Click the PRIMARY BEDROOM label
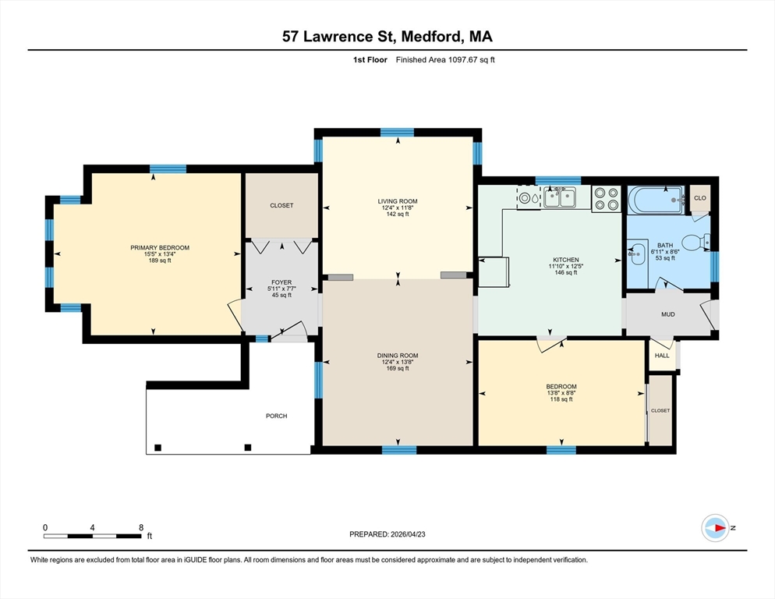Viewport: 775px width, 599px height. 160,248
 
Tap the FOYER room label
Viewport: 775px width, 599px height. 281,282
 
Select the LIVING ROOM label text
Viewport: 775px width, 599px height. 398,201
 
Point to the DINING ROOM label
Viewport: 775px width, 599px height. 398,356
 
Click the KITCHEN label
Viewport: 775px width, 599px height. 565,260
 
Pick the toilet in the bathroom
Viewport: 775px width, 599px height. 696,243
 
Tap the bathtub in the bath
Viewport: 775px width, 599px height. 656,200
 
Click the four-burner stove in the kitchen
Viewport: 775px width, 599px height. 606,199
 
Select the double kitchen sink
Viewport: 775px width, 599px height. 560,197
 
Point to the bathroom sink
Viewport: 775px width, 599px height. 637,253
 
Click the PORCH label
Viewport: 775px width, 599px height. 276,416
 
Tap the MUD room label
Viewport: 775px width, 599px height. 667,314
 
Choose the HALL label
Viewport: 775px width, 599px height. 662,356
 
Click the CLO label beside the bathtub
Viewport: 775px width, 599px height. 700,198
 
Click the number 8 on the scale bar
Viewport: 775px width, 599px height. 141,527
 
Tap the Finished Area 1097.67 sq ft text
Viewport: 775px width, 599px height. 445,60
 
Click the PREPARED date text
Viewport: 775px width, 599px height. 387,534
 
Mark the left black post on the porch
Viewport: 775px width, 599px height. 157,448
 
